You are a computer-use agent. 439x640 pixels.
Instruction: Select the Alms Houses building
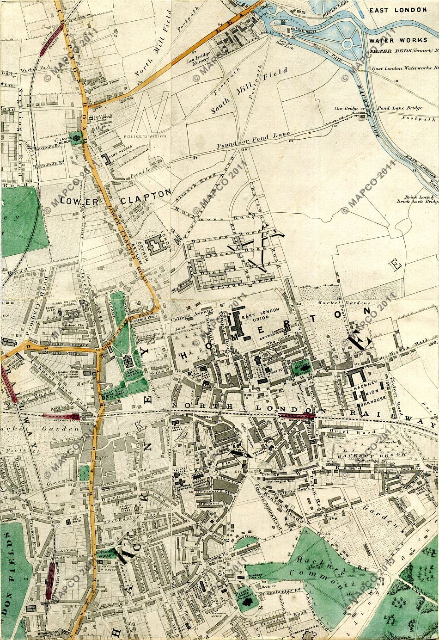108,159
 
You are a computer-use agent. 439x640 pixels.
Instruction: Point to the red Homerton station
297,416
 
